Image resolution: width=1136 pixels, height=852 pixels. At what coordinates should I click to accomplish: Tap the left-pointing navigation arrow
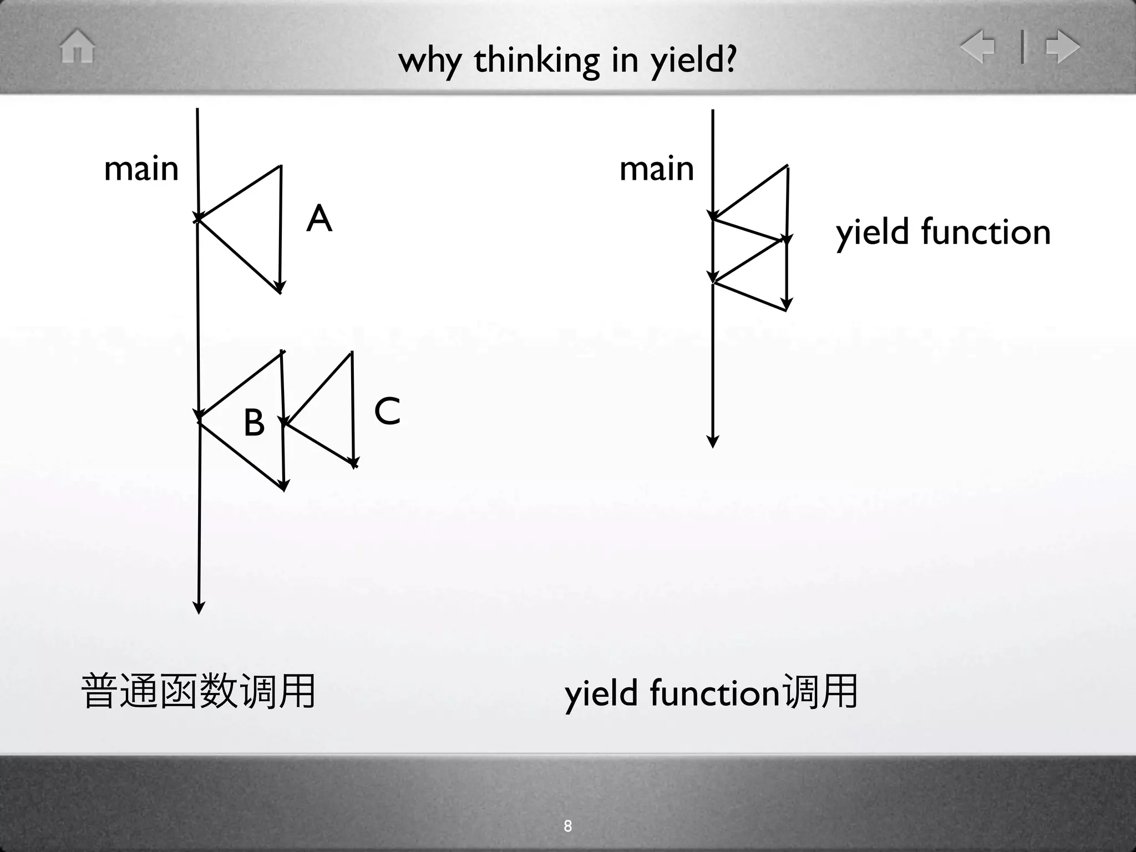click(x=977, y=46)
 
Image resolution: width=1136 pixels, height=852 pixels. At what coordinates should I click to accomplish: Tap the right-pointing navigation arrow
click(x=1062, y=46)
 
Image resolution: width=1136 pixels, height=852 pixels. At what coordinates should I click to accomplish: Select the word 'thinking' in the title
click(x=536, y=60)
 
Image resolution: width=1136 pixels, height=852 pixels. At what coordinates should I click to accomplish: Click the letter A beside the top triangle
click(x=319, y=219)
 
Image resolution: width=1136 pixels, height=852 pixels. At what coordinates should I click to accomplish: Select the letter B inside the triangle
click(x=254, y=423)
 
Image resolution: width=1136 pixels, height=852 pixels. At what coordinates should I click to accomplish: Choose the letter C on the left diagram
click(x=387, y=411)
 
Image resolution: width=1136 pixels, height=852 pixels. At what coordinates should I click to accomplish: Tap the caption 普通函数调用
click(x=198, y=691)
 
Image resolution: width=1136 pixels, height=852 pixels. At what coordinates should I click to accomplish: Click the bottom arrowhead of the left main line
click(x=199, y=608)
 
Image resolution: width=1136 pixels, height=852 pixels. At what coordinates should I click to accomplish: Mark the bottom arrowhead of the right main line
click(x=713, y=442)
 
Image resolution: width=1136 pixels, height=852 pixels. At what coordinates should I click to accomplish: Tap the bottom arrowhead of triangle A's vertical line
click(x=280, y=287)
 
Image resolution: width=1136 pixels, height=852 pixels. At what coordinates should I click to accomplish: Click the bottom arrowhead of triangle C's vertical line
click(x=353, y=462)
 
